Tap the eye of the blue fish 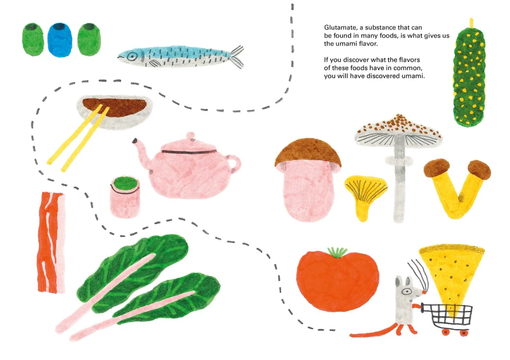click(132, 57)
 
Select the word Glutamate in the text click(340, 28)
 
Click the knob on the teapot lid click(190, 136)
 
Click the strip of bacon click(51, 242)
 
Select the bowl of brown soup click(114, 112)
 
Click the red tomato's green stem click(337, 252)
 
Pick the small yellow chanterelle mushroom click(365, 195)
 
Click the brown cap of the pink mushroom click(307, 153)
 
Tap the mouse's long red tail click(374, 333)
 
